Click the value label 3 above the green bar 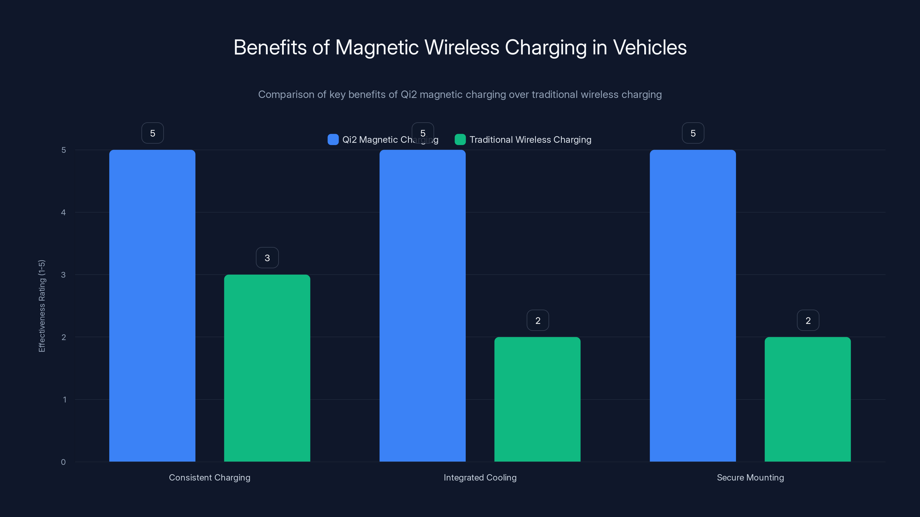(267, 258)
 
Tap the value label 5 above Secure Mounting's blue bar (693, 133)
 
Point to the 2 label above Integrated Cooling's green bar (538, 321)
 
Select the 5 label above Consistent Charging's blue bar (152, 133)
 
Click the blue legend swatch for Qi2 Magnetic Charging (333, 140)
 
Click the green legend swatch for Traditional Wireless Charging (460, 140)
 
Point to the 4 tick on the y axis (63, 212)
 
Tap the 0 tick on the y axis (63, 462)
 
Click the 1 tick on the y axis (65, 400)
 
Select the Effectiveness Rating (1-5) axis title (42, 306)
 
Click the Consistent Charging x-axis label (210, 477)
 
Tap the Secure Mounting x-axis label (750, 477)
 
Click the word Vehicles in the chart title (650, 47)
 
